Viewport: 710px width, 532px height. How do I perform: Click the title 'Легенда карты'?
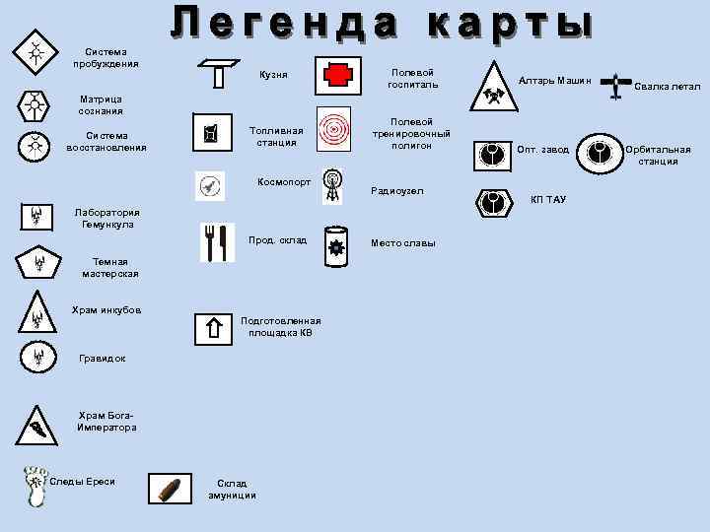click(382, 24)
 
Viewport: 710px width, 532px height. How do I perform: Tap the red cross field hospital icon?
click(337, 76)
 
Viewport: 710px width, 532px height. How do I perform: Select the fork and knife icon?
click(217, 242)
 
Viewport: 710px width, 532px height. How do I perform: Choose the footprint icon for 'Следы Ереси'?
click(35, 486)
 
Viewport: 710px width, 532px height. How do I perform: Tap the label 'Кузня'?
click(273, 75)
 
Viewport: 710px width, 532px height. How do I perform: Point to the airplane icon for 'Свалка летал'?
click(617, 87)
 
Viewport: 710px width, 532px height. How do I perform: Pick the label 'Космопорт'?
click(284, 182)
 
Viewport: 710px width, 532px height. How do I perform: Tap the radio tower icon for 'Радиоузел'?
click(333, 186)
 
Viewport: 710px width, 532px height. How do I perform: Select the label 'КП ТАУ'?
click(548, 200)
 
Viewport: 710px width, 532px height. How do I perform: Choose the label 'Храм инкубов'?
click(106, 310)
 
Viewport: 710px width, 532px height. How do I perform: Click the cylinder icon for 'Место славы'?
click(336, 246)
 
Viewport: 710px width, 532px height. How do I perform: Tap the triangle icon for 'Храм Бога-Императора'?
click(37, 426)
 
